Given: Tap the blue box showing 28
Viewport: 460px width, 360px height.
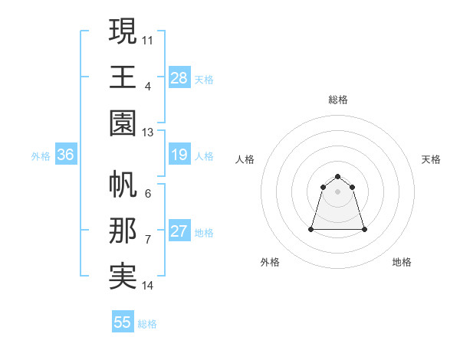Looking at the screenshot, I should [x=179, y=77].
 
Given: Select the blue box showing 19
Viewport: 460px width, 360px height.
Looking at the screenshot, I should [x=179, y=155].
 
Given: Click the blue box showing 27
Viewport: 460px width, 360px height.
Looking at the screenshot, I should [x=179, y=232].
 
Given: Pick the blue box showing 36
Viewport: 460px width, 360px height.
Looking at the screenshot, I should [x=66, y=155].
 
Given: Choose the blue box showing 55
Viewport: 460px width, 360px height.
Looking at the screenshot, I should [x=123, y=322].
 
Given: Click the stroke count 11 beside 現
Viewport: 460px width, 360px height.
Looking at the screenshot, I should [x=148, y=38].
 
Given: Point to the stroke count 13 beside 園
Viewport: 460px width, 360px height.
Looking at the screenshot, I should [x=148, y=133].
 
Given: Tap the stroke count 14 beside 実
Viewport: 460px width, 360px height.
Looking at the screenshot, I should [x=148, y=286].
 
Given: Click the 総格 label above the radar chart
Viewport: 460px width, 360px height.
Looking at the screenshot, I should [x=337, y=100].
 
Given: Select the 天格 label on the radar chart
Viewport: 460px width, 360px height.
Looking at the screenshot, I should [x=431, y=159].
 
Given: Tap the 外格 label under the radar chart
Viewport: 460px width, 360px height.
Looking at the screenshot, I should [x=270, y=262].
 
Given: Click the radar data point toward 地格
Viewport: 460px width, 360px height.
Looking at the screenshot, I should [x=364, y=229].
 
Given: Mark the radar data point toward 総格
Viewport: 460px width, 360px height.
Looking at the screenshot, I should [x=337, y=177].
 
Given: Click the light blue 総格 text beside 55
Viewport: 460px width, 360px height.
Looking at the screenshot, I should [x=147, y=324].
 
